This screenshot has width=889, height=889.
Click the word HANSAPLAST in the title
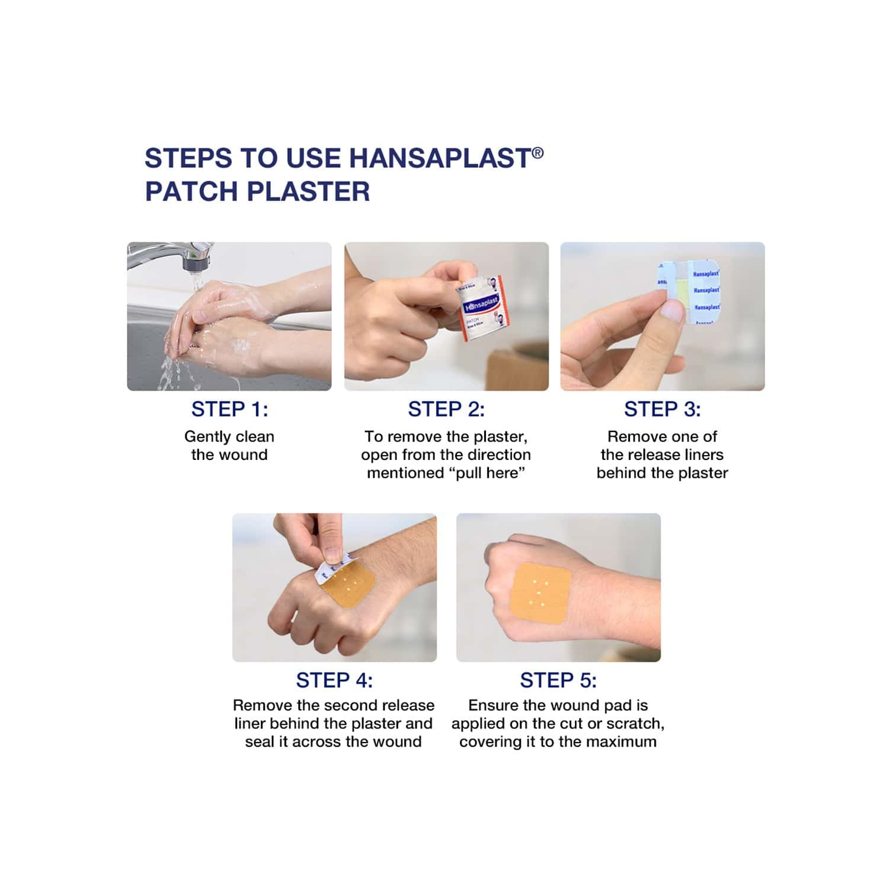click(x=440, y=158)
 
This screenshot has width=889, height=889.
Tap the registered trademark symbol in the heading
click(x=538, y=153)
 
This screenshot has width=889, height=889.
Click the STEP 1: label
click(x=229, y=409)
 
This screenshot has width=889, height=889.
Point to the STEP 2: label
click(x=446, y=409)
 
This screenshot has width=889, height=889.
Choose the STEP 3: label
click(x=663, y=409)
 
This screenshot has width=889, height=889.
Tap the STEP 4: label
click(x=334, y=680)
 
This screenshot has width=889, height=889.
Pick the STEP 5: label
click(x=558, y=680)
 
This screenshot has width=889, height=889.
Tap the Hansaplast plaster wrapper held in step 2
click(x=484, y=308)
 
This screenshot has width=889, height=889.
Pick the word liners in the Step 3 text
click(x=703, y=455)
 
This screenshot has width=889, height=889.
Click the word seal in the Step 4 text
click(x=258, y=742)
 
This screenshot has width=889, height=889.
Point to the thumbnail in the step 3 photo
click(x=671, y=308)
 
